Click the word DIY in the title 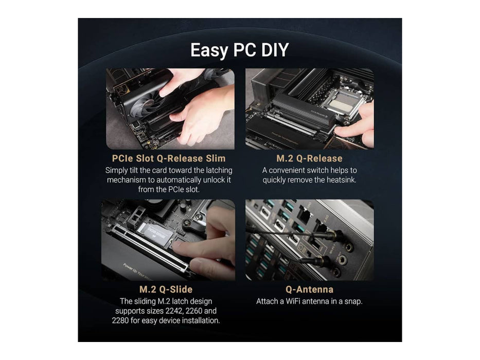pyautogui.click(x=275, y=50)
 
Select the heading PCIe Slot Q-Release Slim pyautogui.click(x=169, y=158)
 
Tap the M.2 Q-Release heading pyautogui.click(x=309, y=158)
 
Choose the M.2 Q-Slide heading pyautogui.click(x=166, y=289)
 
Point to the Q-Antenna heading pyautogui.click(x=309, y=289)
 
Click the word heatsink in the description pyautogui.click(x=341, y=179)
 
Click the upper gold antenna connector pyautogui.click(x=333, y=236)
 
